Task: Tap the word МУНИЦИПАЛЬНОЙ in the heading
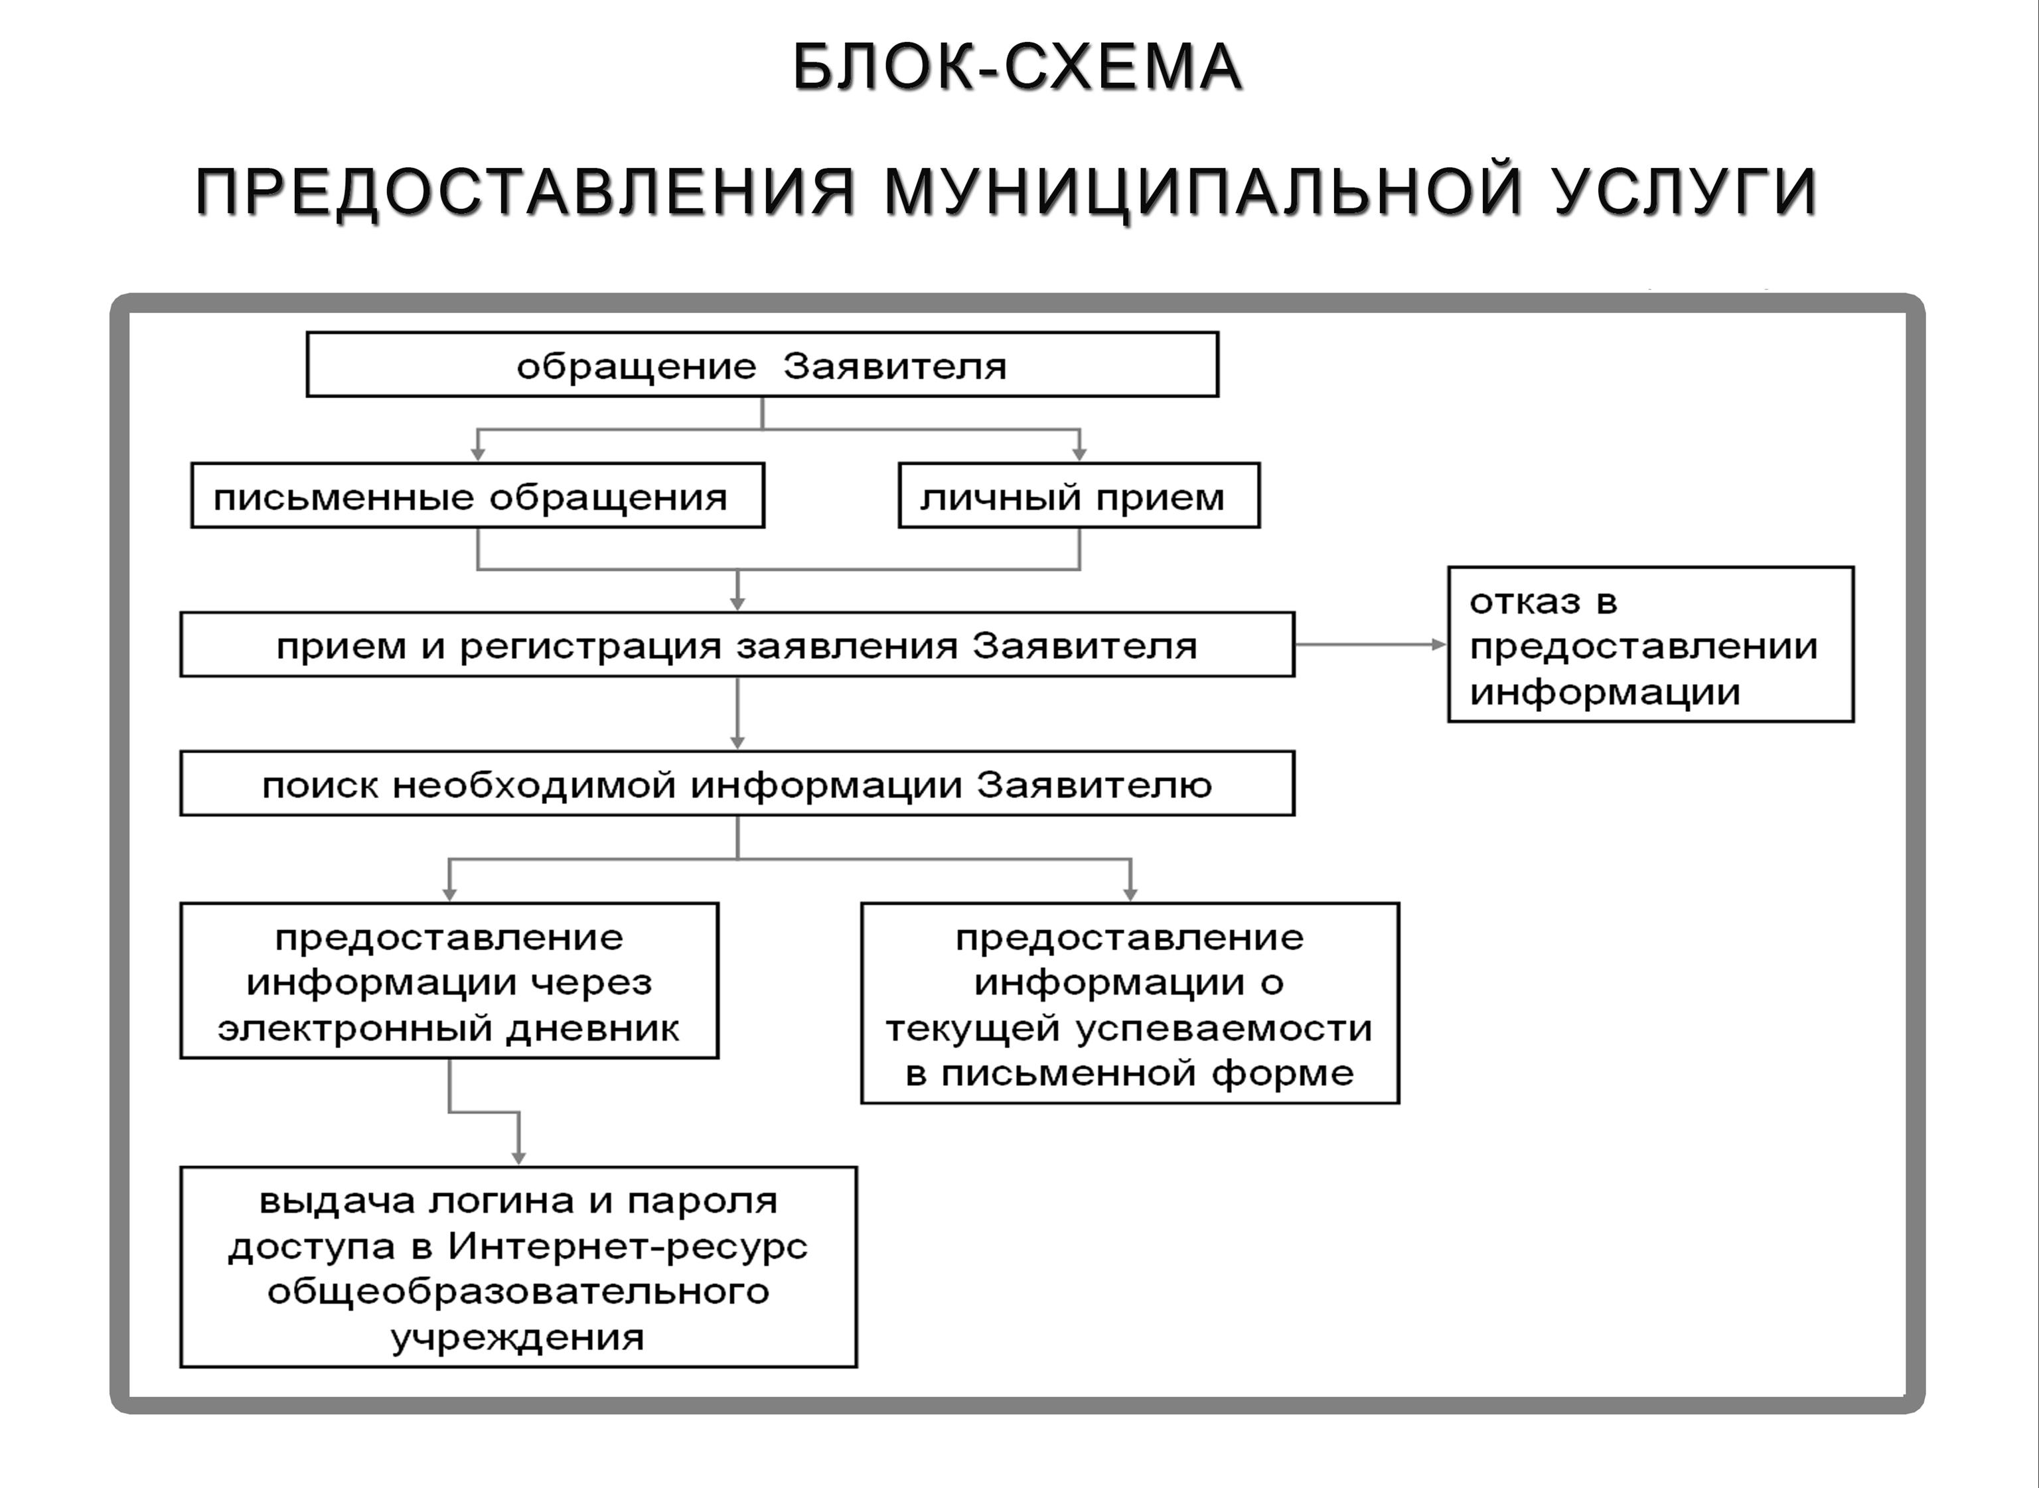click(x=1203, y=191)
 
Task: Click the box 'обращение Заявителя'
click(x=762, y=364)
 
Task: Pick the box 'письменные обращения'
click(x=477, y=496)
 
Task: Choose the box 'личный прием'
click(x=1079, y=496)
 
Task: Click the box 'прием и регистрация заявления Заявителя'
click(x=737, y=644)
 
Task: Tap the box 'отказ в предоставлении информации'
click(x=1651, y=644)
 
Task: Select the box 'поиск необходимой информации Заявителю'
click(x=737, y=783)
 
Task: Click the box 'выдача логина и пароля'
click(x=518, y=1267)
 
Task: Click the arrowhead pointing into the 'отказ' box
click(x=1439, y=644)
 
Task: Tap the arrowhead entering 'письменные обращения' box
click(x=477, y=455)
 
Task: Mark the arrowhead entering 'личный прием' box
click(x=1079, y=455)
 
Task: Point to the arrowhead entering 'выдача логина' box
click(x=518, y=1158)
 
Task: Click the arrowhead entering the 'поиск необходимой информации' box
click(x=737, y=743)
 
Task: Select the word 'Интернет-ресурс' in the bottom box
click(x=628, y=1246)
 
